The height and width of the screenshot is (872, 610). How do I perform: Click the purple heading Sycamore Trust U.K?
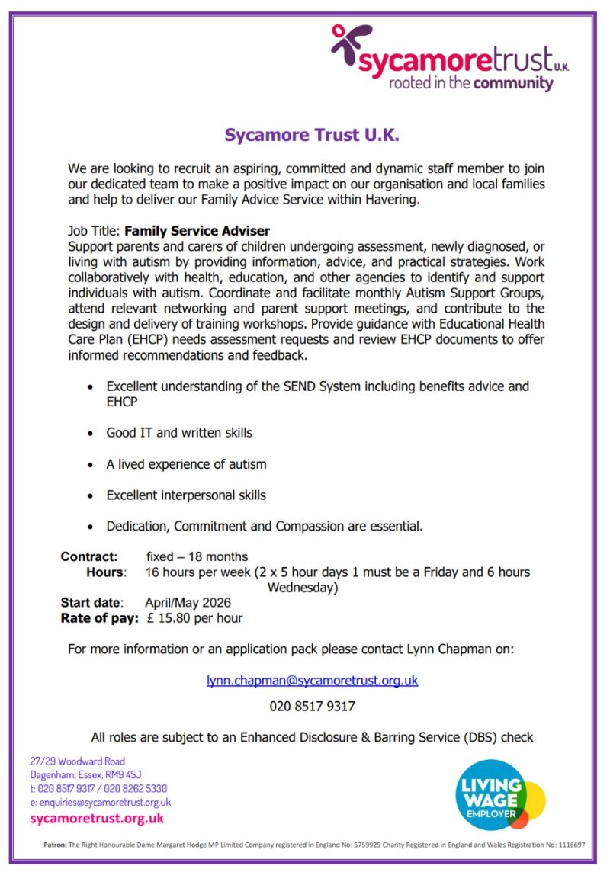[312, 136]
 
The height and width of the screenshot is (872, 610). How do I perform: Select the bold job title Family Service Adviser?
[197, 230]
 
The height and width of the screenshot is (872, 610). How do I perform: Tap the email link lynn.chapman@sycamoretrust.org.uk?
[312, 680]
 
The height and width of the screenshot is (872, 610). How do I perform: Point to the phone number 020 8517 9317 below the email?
[312, 707]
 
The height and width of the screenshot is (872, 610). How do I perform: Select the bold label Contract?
[89, 556]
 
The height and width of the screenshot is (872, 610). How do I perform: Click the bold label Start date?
[92, 602]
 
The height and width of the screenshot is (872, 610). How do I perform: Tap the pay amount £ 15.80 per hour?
[194, 617]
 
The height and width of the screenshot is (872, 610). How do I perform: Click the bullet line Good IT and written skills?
[179, 433]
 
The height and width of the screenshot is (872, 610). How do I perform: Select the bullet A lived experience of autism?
[186, 464]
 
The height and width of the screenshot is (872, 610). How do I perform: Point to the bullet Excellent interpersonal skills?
[186, 495]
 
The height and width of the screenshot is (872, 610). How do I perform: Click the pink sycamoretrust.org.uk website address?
[97, 819]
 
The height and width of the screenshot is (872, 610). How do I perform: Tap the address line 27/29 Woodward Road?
[78, 761]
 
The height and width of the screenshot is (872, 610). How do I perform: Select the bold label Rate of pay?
[100, 617]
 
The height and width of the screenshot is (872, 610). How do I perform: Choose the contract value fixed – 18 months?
[197, 556]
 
